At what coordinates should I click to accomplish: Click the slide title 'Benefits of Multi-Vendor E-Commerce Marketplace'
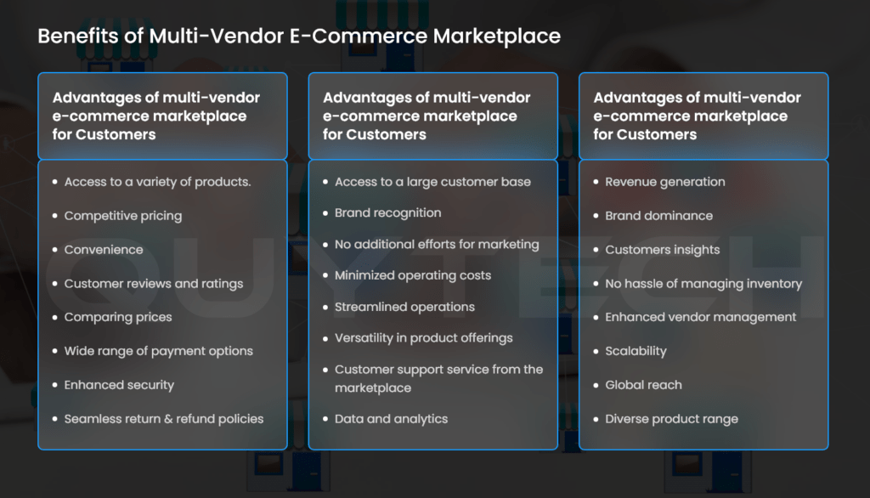tap(299, 37)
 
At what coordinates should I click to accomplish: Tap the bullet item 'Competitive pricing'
tap(123, 216)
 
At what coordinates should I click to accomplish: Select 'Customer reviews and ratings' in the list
tap(154, 284)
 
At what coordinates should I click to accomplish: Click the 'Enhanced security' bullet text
tap(119, 385)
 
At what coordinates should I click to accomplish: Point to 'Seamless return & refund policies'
tap(164, 419)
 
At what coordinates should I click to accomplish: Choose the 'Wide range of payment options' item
tap(159, 352)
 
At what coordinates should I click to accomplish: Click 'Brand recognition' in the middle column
tap(387, 212)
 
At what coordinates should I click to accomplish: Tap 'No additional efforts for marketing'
tap(437, 244)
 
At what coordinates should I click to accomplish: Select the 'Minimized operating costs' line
tap(413, 275)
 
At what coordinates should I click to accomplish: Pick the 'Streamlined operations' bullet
tap(404, 307)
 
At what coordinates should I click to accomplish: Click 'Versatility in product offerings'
tap(423, 338)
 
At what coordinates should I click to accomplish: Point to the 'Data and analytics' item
tap(391, 419)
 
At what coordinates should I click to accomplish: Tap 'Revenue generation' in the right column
tap(664, 182)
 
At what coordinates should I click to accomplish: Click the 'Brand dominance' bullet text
tap(658, 216)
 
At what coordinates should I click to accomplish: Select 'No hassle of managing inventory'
tap(703, 284)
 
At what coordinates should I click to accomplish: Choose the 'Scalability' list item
tap(636, 352)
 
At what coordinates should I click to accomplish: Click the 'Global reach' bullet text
tap(644, 385)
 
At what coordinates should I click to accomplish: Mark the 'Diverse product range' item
tap(671, 419)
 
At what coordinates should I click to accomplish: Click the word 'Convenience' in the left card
tap(104, 250)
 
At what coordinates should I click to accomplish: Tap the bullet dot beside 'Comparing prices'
tap(55, 318)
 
